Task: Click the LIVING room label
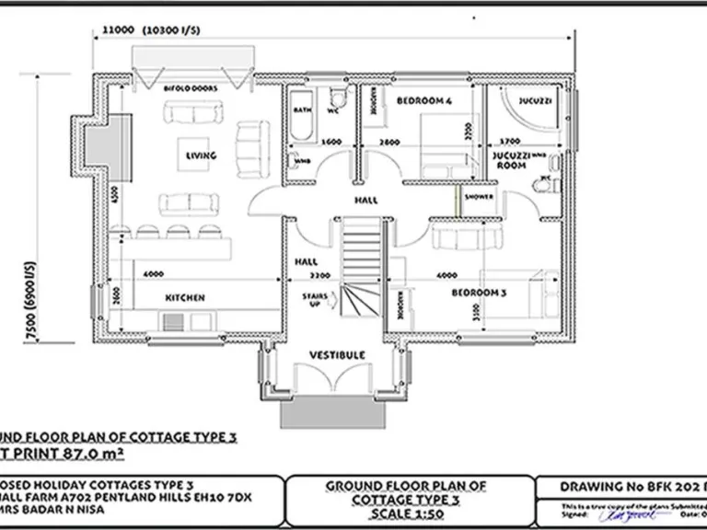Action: tap(201, 156)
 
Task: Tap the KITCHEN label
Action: tap(184, 297)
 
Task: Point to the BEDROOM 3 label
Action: tap(477, 293)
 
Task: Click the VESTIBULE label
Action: tap(337, 354)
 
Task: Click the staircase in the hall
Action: tap(361, 262)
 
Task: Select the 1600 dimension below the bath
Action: tap(331, 142)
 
